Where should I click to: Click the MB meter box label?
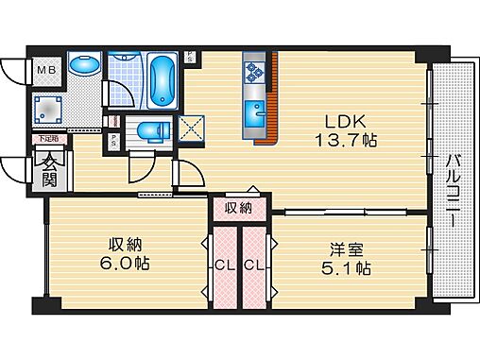[46, 69]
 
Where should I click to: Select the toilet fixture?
[149, 130]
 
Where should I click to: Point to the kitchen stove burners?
[254, 71]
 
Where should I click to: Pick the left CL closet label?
[225, 265]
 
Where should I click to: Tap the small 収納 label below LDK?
[239, 207]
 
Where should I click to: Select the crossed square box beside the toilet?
[192, 128]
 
